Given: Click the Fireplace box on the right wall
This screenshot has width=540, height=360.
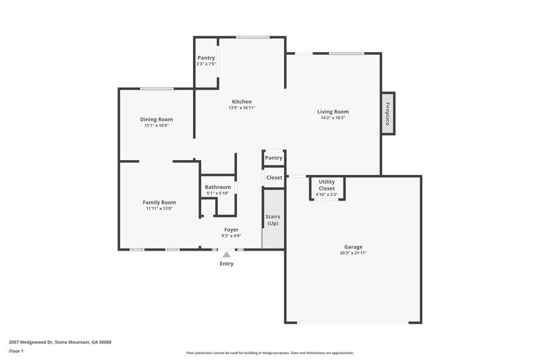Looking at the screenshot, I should [388, 113].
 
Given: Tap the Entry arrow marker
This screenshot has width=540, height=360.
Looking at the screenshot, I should [226, 255].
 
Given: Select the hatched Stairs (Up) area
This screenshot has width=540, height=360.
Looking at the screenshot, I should [273, 220].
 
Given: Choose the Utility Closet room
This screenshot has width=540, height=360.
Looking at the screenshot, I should [327, 188].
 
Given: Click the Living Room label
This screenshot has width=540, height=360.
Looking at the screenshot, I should [333, 111].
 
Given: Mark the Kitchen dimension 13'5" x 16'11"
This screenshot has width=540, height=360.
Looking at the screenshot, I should [242, 107].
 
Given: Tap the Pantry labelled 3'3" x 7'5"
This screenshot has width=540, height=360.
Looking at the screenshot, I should [206, 61].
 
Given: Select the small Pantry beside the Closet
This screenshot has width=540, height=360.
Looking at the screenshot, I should [273, 157].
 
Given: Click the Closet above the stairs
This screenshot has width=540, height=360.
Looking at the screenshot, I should [274, 178].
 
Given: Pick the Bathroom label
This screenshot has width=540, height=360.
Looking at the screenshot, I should [218, 187].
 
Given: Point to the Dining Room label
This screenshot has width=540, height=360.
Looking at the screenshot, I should [156, 119].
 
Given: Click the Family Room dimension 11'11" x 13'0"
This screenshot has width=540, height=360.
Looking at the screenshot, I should [159, 209].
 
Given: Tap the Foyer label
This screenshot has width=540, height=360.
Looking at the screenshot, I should [231, 230].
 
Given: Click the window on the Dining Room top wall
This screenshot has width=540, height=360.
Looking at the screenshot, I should [156, 88].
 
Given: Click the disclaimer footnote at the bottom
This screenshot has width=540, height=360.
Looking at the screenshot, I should [269, 353].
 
